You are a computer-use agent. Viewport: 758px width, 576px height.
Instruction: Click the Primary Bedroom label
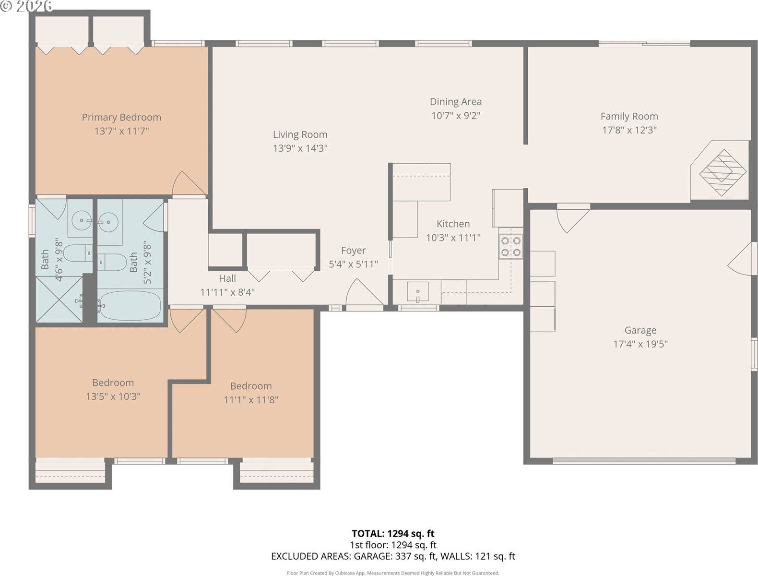[x=121, y=117]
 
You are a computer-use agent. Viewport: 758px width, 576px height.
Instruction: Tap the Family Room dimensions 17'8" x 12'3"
[x=629, y=130]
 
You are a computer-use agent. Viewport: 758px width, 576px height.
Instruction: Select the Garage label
[x=640, y=330]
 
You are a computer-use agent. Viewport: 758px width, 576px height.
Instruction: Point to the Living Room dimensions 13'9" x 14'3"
[x=300, y=148]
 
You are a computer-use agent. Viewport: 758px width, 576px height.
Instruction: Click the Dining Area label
[x=455, y=102]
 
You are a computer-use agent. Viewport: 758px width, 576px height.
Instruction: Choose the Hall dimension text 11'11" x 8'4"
[x=227, y=292]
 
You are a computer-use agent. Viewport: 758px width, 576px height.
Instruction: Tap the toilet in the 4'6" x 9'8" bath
[x=77, y=252]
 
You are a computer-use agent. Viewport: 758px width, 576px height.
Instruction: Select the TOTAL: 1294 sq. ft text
[x=392, y=533]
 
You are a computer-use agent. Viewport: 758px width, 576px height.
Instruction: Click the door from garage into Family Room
[x=571, y=217]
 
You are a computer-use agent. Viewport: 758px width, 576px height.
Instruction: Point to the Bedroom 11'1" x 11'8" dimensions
[x=250, y=400]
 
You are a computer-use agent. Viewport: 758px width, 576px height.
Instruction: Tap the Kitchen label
[x=453, y=224]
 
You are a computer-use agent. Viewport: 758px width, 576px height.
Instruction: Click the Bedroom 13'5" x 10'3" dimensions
[x=113, y=396]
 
